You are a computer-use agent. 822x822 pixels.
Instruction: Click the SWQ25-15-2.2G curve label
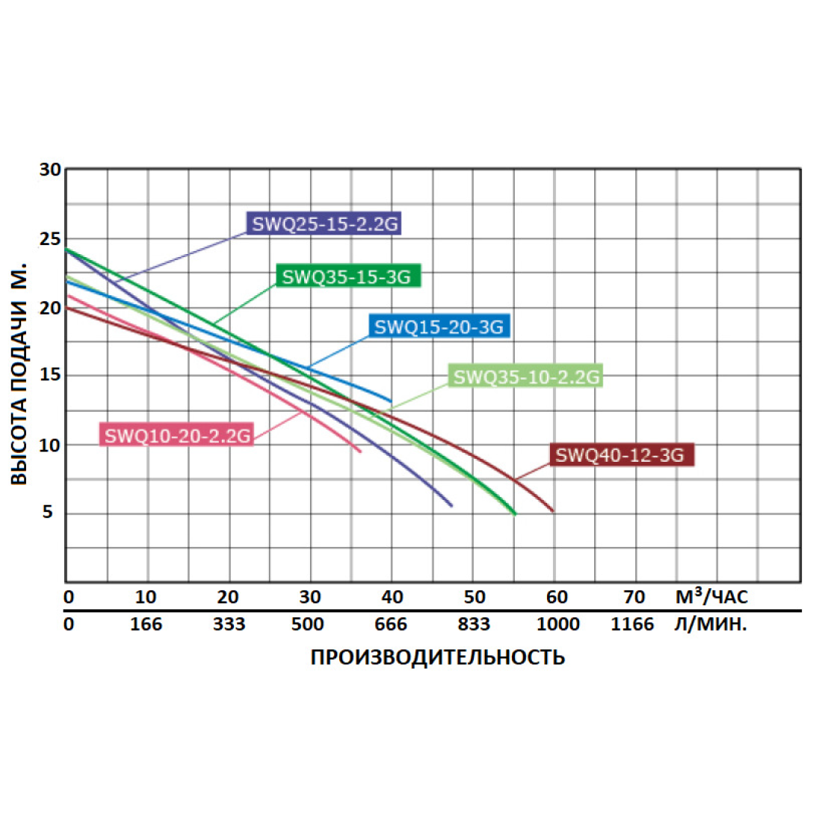[324, 223]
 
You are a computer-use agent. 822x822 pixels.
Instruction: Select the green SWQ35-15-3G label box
[347, 276]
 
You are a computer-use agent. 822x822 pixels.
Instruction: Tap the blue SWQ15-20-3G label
[439, 327]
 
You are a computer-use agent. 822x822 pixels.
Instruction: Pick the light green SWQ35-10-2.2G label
[526, 377]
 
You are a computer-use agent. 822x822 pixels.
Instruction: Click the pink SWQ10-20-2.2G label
[177, 436]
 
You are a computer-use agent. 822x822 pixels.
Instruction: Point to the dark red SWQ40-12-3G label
[620, 455]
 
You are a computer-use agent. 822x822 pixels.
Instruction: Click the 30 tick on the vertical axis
[50, 170]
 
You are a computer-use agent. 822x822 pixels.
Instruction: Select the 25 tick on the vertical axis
[50, 239]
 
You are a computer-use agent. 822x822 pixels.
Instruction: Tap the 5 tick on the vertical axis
[48, 513]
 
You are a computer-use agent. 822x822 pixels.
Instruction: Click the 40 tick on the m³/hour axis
[392, 597]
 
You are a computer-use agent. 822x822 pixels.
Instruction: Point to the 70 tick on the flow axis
[634, 597]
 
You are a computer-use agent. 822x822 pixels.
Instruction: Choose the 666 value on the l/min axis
[391, 625]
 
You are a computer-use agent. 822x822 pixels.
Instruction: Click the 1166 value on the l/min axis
[632, 625]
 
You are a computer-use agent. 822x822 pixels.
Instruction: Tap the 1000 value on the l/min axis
[557, 625]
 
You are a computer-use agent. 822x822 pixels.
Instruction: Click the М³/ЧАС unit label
[711, 596]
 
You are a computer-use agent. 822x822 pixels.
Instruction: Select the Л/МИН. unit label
[710, 625]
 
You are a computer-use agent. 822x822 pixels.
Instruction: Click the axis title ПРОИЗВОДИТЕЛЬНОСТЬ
[438, 658]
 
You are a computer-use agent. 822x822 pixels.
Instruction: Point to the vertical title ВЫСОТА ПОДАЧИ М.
[19, 374]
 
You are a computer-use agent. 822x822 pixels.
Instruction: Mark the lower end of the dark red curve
[553, 511]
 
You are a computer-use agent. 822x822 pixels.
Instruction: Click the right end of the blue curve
[391, 401]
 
